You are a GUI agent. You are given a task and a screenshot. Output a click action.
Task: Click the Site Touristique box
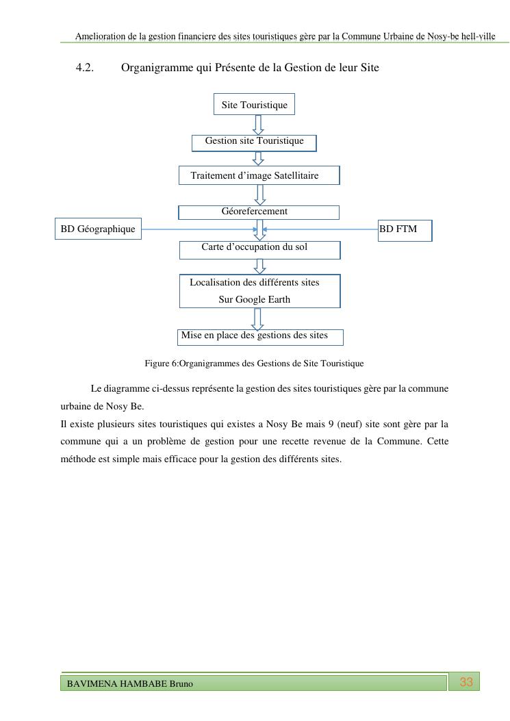point(254,105)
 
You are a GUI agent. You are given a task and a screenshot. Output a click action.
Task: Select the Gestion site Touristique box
point(254,142)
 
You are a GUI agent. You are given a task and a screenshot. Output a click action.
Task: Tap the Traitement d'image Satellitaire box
point(259,175)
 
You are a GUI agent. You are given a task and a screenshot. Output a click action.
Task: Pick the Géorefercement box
point(259,212)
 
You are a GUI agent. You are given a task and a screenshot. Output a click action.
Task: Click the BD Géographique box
point(98,229)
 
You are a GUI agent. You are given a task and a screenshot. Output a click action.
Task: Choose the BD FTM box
point(405,229)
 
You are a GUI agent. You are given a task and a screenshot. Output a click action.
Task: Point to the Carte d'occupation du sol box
point(259,249)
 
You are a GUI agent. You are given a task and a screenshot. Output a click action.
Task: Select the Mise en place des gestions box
point(260,336)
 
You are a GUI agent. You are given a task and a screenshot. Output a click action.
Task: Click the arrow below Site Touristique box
point(258,125)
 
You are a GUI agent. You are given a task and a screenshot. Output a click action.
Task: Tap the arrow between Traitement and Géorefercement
point(259,194)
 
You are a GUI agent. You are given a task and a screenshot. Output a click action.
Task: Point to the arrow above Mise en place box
point(258,318)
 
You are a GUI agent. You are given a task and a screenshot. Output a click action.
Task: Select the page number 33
point(466,682)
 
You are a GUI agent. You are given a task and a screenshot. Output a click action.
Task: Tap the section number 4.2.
point(84,68)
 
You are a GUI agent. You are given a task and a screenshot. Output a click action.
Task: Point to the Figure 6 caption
point(254,364)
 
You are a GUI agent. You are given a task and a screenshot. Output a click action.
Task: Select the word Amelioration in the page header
point(99,36)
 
